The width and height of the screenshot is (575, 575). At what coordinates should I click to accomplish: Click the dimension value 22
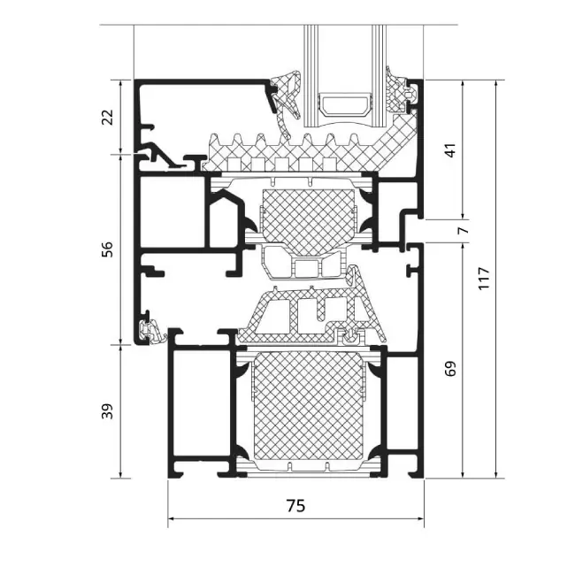pos(108,117)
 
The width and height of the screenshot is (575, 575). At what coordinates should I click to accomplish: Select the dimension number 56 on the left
pos(108,249)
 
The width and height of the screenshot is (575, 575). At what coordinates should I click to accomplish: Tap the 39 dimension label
pos(108,410)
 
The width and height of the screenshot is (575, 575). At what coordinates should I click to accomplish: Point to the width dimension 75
pos(295,505)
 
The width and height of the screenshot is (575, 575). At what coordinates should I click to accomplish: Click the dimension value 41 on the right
pos(450,149)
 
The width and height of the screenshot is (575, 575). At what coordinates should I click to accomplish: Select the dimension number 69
pos(450,368)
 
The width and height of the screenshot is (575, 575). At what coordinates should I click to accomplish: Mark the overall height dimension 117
pos(483,278)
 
